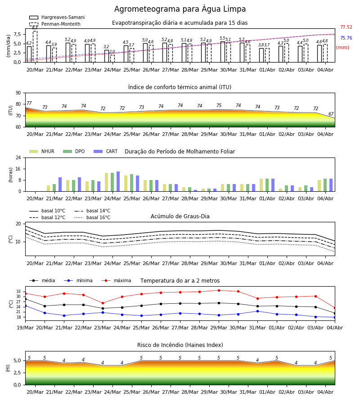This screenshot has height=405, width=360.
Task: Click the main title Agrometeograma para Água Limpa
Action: (x=180, y=9)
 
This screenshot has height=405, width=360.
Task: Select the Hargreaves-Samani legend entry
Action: (x=57, y=17)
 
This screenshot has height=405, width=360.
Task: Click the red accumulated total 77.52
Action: (x=346, y=27)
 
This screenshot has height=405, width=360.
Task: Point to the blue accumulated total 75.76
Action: (x=346, y=38)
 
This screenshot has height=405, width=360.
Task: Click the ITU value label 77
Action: (x=29, y=103)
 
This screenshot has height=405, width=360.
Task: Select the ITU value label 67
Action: (x=331, y=114)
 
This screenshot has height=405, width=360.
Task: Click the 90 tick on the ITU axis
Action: (x=18, y=93)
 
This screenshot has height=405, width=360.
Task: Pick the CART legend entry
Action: (x=106, y=151)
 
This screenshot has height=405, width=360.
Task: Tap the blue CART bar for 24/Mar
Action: (x=118, y=181)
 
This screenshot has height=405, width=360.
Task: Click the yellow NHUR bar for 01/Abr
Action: (x=261, y=185)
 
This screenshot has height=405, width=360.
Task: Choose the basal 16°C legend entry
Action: (x=92, y=217)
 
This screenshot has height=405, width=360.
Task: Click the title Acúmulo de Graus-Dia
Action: (x=180, y=216)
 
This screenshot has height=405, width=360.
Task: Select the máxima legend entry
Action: (x=116, y=280)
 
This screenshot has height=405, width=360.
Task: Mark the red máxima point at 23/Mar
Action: (x=103, y=303)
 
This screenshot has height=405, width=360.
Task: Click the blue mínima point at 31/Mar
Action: (x=257, y=311)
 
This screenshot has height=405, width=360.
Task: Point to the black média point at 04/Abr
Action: (x=335, y=313)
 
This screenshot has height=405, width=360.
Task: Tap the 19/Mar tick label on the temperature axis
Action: (x=25, y=328)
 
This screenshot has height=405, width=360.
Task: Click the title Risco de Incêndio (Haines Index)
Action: (x=180, y=345)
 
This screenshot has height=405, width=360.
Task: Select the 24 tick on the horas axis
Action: (x=18, y=158)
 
